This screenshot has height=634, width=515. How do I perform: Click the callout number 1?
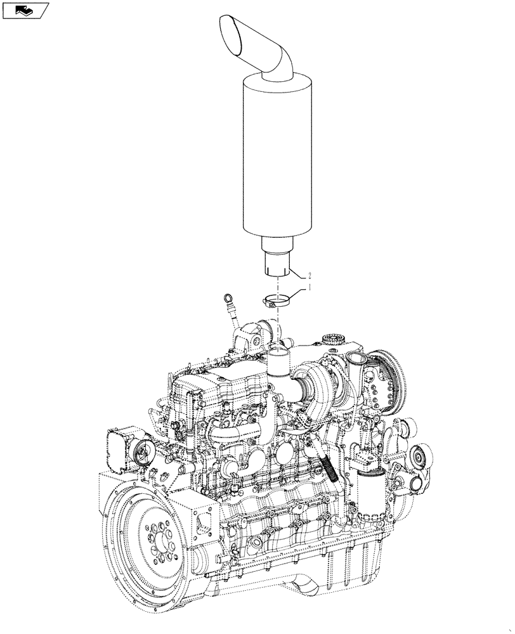coord(310,288)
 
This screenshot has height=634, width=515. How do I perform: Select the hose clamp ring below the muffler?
coord(277,300)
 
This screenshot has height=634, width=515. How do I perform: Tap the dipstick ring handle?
coord(228,297)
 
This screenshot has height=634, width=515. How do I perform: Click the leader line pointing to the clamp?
coord(298,293)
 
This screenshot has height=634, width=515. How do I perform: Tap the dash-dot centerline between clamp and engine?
coord(277,327)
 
